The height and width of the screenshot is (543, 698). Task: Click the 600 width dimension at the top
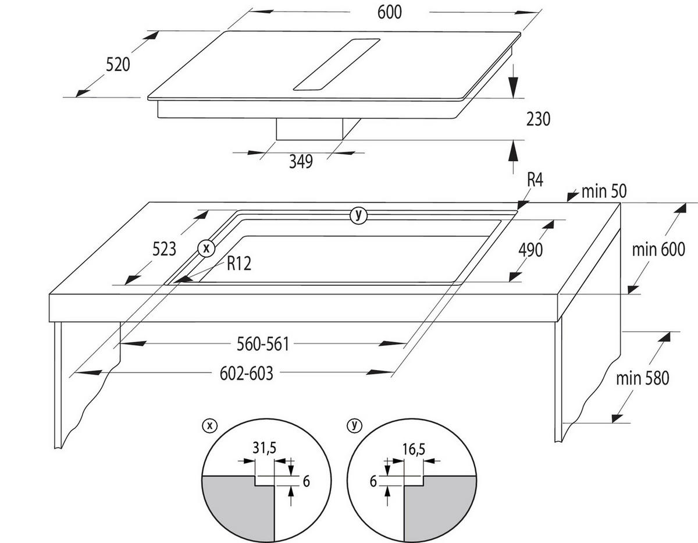[389, 13]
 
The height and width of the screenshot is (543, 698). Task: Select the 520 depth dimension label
[118, 64]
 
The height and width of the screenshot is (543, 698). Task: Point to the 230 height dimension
[538, 119]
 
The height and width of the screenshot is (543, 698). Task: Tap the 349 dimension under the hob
[301, 162]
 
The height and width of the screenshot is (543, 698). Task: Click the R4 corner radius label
[535, 180]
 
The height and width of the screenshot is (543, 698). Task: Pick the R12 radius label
[239, 264]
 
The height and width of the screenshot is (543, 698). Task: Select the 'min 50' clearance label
[604, 191]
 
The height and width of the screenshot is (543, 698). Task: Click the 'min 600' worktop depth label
[658, 249]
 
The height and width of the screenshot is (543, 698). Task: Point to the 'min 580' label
[642, 378]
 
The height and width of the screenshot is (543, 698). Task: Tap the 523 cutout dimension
[164, 249]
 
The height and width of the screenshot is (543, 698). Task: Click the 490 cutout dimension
[530, 250]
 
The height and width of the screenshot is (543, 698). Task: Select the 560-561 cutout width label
[263, 344]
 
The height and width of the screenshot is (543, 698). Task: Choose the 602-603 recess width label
[247, 374]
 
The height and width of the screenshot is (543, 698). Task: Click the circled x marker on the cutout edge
[206, 249]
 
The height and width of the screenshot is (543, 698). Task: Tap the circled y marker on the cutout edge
[358, 215]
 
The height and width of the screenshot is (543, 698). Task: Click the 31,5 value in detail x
[264, 448]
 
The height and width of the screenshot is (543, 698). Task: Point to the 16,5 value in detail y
[414, 449]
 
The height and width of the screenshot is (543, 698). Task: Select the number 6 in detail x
[306, 481]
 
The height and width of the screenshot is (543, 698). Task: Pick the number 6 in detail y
[373, 481]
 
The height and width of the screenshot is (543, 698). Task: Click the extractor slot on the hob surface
[337, 65]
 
